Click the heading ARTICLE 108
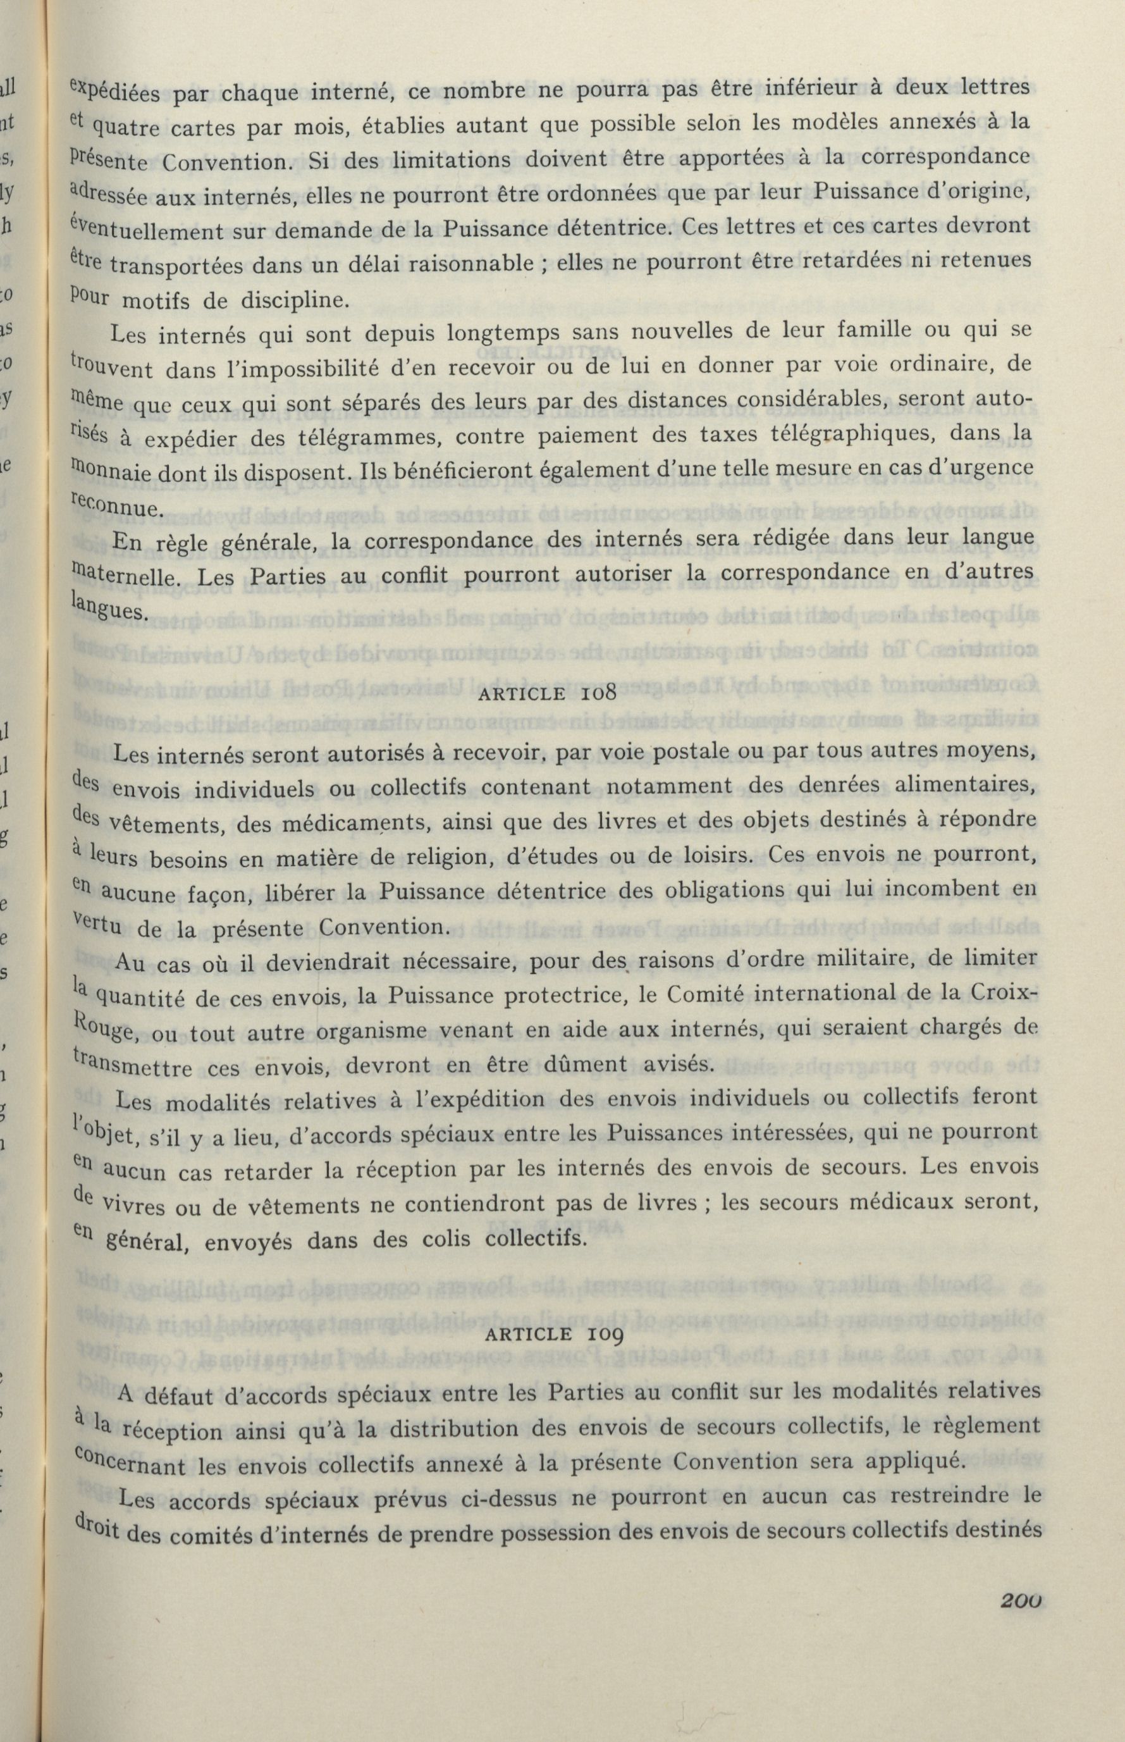547,693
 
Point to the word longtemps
498,333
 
